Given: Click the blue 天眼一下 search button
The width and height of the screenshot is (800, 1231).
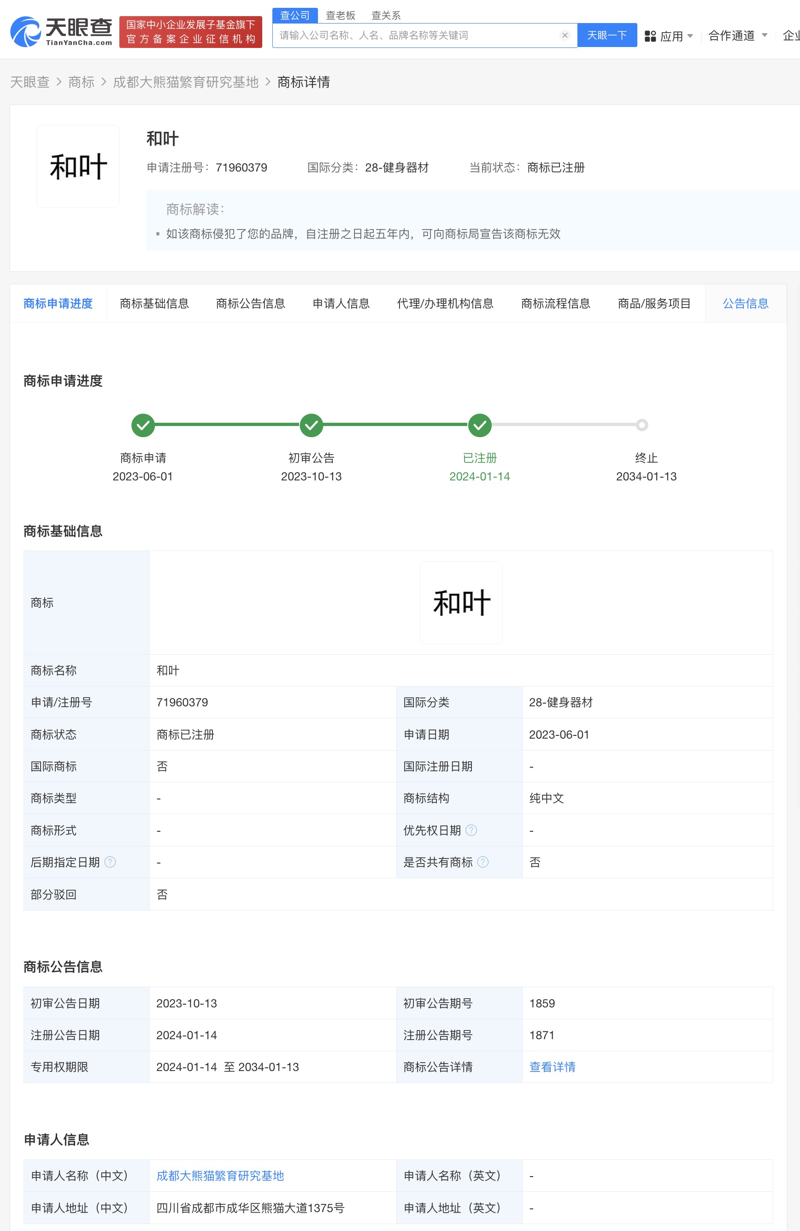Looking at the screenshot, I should coord(606,35).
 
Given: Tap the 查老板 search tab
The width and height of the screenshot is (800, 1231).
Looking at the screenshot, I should coord(340,15).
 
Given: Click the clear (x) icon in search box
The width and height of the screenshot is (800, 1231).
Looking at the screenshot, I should coord(565,35).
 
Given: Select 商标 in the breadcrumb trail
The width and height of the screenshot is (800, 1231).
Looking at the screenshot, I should coord(81,82).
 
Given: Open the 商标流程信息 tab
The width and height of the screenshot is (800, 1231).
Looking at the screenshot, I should coord(555,304).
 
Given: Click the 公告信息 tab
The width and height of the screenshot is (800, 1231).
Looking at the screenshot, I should coord(745,304).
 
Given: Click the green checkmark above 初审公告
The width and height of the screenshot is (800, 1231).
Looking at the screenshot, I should coord(312,425).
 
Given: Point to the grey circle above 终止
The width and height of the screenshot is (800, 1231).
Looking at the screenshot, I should coord(642,425).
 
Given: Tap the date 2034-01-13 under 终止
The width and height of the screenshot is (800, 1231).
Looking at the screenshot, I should coord(646,476).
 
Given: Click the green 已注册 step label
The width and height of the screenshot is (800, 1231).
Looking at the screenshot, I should coord(479,458).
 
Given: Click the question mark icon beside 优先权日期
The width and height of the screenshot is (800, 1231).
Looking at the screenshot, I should coord(471,830).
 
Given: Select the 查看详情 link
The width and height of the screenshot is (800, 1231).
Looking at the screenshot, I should coord(552,1067).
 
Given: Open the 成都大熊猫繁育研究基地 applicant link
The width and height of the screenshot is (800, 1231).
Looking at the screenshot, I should coord(220,1176).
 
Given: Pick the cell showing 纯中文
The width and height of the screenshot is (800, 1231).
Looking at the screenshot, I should coord(547,798).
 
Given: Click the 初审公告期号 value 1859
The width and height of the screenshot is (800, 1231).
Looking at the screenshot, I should coord(542,1003).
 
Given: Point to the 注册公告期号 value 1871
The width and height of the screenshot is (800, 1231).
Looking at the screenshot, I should coord(542,1035).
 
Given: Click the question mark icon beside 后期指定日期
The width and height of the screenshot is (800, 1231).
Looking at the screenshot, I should coord(110,862).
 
